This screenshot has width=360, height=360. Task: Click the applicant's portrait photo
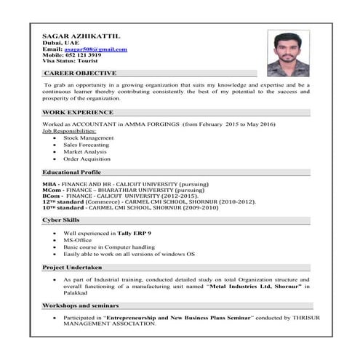[x=288, y=52]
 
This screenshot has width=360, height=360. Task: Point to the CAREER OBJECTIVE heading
[x=80, y=73]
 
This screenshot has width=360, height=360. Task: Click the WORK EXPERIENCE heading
[x=78, y=113]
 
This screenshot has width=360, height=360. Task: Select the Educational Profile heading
[x=71, y=172]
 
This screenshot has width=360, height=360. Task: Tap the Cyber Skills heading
[x=60, y=219]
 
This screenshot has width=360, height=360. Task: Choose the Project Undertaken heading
[x=71, y=268]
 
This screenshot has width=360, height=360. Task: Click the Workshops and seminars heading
[x=80, y=305]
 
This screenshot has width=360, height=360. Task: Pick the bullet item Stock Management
[x=88, y=137]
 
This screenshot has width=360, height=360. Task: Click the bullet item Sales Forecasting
[x=87, y=144]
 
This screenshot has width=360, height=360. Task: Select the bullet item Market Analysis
[x=85, y=151]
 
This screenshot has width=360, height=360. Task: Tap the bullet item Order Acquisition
[x=87, y=159]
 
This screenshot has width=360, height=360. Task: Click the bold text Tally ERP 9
[x=136, y=233]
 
